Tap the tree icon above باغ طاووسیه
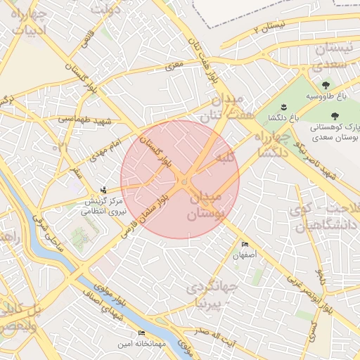tap(325, 85)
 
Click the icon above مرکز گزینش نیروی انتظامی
tap(104, 189)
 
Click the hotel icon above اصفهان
tap(245, 244)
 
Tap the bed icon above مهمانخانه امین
tap(141, 333)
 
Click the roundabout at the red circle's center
tap(184, 182)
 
